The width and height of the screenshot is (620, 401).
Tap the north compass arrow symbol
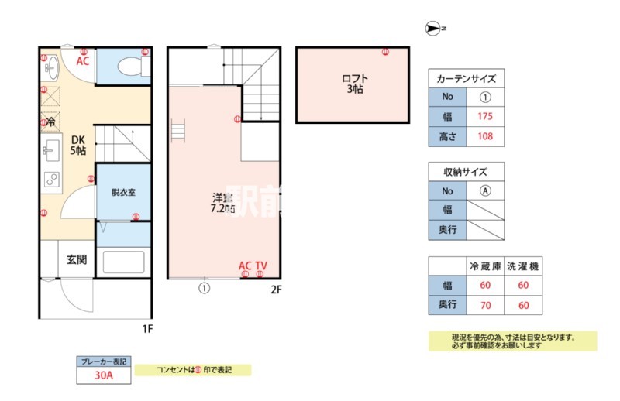(x=432, y=29)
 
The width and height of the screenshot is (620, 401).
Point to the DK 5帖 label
(x=78, y=146)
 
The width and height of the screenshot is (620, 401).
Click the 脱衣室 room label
(x=123, y=192)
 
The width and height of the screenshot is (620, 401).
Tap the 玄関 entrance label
(x=77, y=259)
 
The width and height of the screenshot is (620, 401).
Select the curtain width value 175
(x=486, y=118)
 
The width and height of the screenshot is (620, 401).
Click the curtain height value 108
(x=486, y=138)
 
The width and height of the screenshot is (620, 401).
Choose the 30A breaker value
(x=104, y=376)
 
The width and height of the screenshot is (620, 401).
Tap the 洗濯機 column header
(x=523, y=266)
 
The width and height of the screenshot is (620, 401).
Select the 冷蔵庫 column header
(x=485, y=266)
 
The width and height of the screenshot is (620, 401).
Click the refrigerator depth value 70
(x=485, y=304)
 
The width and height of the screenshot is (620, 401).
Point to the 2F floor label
(x=276, y=290)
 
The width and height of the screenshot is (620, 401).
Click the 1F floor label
(x=147, y=328)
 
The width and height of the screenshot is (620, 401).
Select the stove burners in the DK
(x=52, y=180)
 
